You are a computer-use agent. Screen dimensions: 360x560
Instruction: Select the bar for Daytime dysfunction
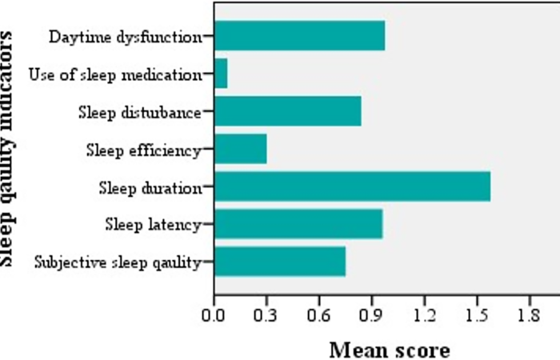(299, 36)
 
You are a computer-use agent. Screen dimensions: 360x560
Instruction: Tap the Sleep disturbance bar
(287, 112)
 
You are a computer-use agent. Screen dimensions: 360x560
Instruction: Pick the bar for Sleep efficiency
(240, 149)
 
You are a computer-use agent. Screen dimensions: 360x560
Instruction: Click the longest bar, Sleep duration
(352, 186)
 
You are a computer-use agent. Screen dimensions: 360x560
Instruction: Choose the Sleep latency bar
(298, 224)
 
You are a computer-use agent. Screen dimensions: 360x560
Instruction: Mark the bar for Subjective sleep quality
(280, 262)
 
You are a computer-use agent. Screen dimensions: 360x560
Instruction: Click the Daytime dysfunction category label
(125, 37)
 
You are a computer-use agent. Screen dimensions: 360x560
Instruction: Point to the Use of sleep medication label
(114, 75)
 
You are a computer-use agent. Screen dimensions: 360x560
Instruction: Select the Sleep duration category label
(150, 188)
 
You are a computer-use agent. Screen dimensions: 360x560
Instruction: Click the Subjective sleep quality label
(118, 262)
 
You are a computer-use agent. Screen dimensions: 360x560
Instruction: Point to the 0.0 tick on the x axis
(214, 316)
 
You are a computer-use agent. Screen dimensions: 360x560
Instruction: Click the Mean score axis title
(390, 349)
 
